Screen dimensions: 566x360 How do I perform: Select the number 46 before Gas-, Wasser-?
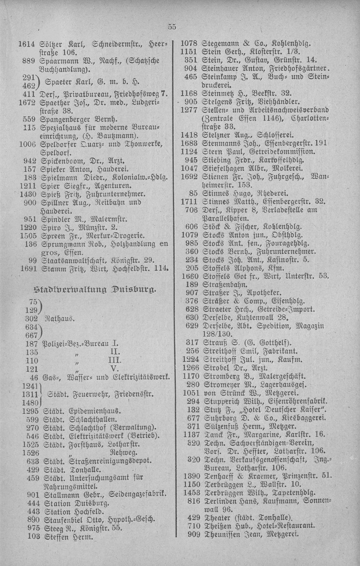click(x=34, y=377)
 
